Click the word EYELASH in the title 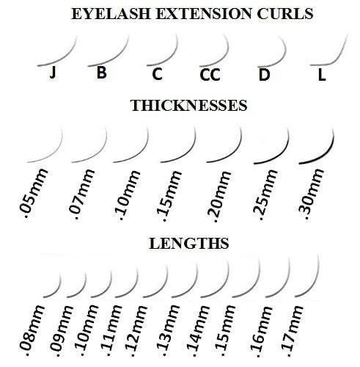111,14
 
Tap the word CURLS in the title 285,14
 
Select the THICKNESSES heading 189,106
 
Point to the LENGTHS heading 189,244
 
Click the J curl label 53,73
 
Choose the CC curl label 210,75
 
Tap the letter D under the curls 264,75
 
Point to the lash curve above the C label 169,57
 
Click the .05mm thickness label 34,193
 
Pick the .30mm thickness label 312,195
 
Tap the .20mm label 218,197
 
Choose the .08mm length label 32,330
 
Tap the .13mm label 167,331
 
